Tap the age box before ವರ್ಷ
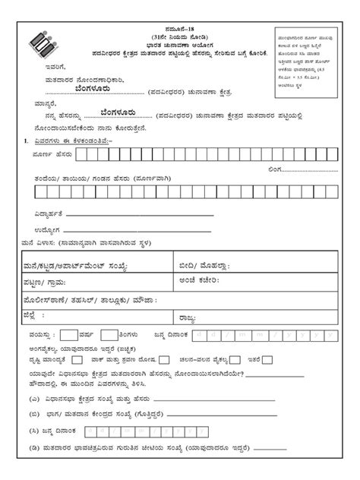68,334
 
